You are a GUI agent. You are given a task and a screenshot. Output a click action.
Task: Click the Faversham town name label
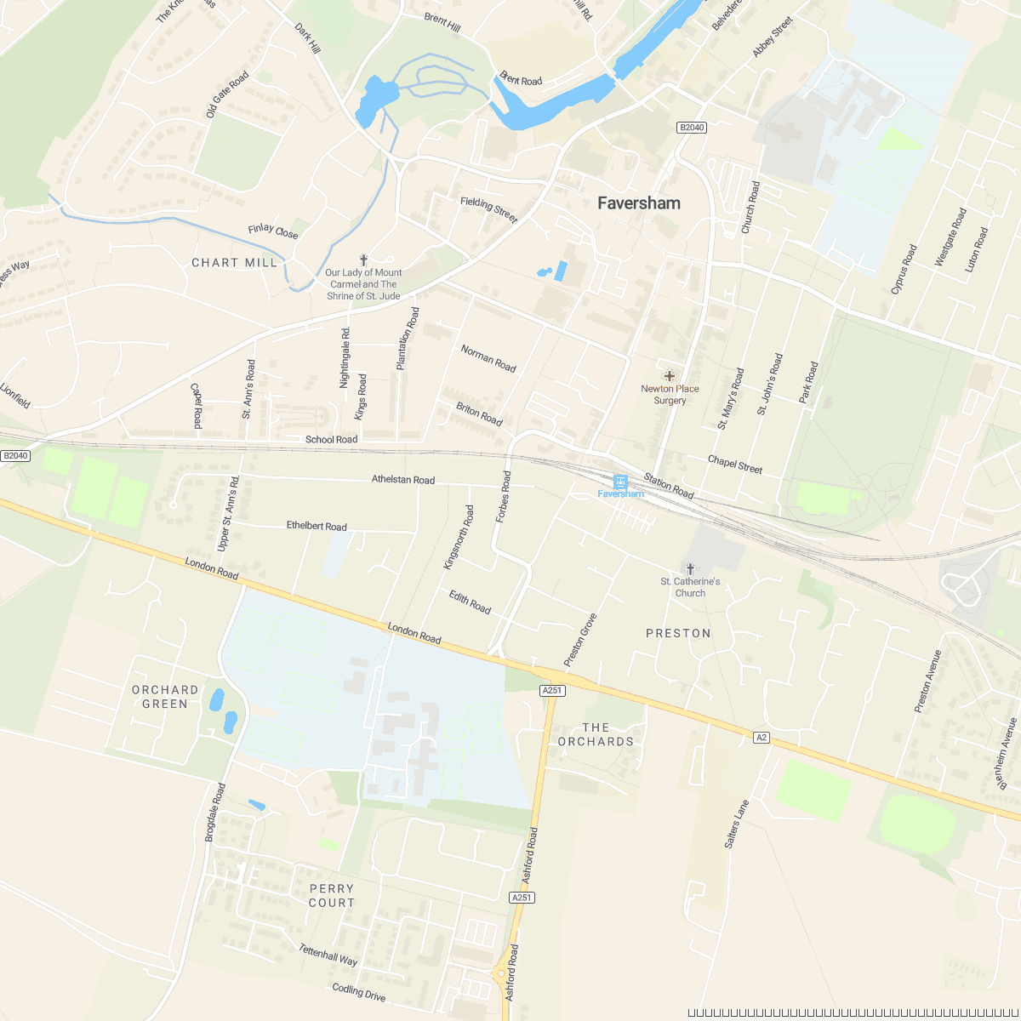click(x=638, y=203)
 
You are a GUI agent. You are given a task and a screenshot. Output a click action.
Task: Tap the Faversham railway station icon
click(x=620, y=482)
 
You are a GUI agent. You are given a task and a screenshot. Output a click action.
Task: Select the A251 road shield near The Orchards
click(x=552, y=691)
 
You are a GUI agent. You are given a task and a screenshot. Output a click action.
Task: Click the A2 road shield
click(x=761, y=738)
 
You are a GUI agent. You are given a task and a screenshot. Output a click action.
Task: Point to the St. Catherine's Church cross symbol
click(x=690, y=568)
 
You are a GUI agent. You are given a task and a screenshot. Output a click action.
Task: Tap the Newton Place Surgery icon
click(x=670, y=375)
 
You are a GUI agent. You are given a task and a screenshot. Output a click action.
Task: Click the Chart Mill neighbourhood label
click(x=234, y=263)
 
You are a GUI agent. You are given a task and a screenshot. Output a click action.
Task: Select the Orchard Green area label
click(x=165, y=697)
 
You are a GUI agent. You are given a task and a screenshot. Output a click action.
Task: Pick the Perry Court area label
click(x=331, y=895)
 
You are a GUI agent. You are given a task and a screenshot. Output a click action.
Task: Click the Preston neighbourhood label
click(x=678, y=633)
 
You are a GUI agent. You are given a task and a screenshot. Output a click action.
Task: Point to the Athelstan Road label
click(x=403, y=480)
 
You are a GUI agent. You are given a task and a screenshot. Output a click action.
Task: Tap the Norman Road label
click(x=488, y=358)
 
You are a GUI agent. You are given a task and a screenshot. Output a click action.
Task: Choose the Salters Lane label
click(x=737, y=823)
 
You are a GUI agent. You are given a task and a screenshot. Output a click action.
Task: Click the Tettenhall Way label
click(x=328, y=955)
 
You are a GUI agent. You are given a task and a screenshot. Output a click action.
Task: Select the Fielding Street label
click(x=488, y=209)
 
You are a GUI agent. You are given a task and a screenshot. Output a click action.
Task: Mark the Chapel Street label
click(x=735, y=465)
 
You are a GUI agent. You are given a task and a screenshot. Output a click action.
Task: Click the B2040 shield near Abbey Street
click(x=692, y=128)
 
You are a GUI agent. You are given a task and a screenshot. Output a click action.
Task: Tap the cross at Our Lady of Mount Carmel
click(x=364, y=260)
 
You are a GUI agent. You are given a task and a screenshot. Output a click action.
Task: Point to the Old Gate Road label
click(x=227, y=94)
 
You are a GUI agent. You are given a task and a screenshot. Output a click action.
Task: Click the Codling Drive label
click(x=358, y=991)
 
